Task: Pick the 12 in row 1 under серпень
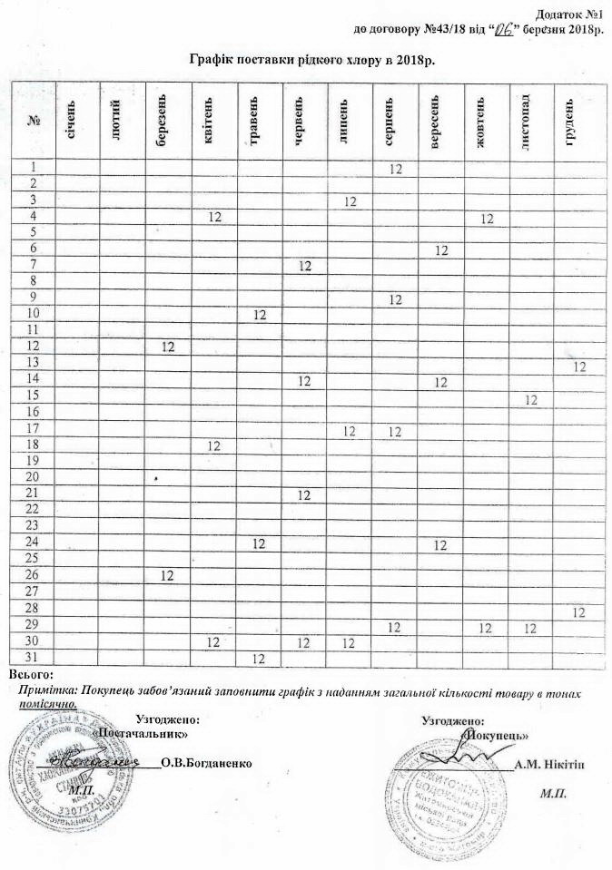click(395, 169)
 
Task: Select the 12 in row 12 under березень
click(168, 347)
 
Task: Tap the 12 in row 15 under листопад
click(532, 399)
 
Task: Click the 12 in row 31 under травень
click(259, 657)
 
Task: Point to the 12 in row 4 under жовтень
click(487, 218)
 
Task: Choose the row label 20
click(35, 477)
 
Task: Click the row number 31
click(35, 657)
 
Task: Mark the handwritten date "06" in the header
click(502, 29)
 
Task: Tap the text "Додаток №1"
click(572, 15)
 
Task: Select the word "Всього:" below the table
click(32, 674)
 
